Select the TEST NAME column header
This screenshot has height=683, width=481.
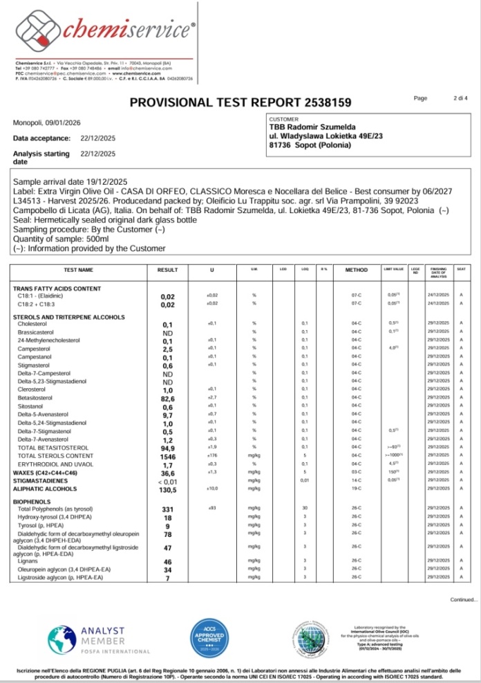point(78,270)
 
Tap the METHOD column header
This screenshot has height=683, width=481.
point(356,270)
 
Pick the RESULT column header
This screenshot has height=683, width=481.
point(167,270)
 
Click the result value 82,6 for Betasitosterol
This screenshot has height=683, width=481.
point(167,398)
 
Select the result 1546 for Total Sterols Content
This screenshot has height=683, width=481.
point(167,457)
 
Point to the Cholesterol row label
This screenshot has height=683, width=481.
point(32,323)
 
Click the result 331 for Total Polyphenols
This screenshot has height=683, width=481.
point(167,509)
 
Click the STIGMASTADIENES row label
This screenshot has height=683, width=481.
point(41,480)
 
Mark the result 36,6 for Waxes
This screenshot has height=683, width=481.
point(167,473)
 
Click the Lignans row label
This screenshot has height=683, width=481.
point(29,561)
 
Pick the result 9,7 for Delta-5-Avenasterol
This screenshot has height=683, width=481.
point(167,415)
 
